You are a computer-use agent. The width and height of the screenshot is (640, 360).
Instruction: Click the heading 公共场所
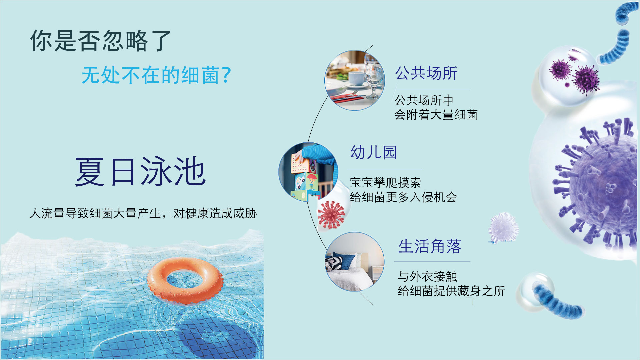coord(426,73)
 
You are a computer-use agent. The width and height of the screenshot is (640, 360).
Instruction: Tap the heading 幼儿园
coord(374,152)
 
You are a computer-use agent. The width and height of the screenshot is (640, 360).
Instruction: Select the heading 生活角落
coord(430,246)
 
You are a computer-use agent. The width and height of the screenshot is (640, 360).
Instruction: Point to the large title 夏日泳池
coord(140,171)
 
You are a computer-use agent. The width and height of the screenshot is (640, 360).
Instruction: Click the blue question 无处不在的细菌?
coord(156,75)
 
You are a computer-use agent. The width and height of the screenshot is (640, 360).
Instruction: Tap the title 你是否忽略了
coord(100,41)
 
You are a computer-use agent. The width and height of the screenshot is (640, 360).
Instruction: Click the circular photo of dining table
coord(355,80)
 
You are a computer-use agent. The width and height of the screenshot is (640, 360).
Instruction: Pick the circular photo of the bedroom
coord(355,262)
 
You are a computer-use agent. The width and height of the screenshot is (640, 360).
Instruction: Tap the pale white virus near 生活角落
coord(503,228)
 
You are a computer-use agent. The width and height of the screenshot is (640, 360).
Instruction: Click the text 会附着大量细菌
coord(436,115)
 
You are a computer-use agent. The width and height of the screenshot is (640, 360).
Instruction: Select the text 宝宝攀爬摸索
coord(385,183)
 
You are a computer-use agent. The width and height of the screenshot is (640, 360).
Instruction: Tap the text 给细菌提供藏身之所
coord(451,291)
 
